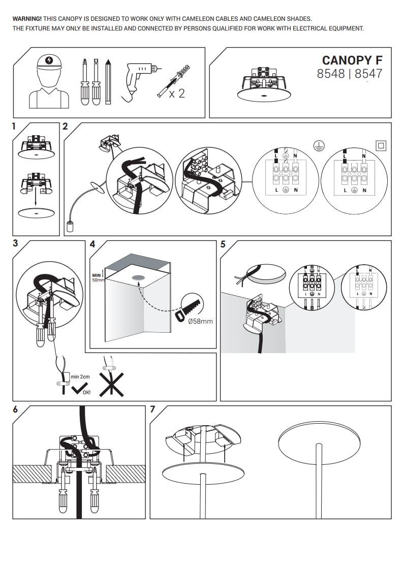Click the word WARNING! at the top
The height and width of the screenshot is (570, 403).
tap(27, 18)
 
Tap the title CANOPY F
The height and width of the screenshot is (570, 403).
tap(352, 60)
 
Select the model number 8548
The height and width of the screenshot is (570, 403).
tap(331, 74)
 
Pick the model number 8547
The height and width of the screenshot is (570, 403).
tap(368, 74)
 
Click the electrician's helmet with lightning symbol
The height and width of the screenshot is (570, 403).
tap(49, 62)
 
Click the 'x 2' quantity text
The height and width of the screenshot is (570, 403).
tap(177, 94)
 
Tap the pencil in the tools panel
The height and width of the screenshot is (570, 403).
tap(108, 82)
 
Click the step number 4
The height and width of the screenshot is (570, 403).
tap(92, 244)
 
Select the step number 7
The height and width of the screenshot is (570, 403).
tap(152, 409)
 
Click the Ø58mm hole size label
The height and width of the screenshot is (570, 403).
tap(200, 322)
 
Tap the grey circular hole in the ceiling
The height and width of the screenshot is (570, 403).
tap(138, 278)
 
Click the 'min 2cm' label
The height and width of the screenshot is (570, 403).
tap(80, 376)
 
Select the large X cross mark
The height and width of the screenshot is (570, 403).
tap(112, 384)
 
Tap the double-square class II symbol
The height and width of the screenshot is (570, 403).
tap(381, 146)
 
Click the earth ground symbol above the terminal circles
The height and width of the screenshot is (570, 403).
tap(319, 146)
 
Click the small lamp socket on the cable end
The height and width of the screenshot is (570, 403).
tap(69, 227)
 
